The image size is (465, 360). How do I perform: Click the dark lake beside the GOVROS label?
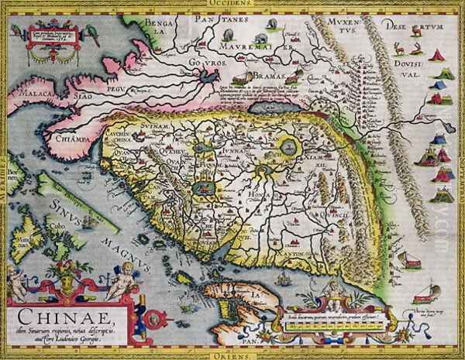click(x=210, y=77)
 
